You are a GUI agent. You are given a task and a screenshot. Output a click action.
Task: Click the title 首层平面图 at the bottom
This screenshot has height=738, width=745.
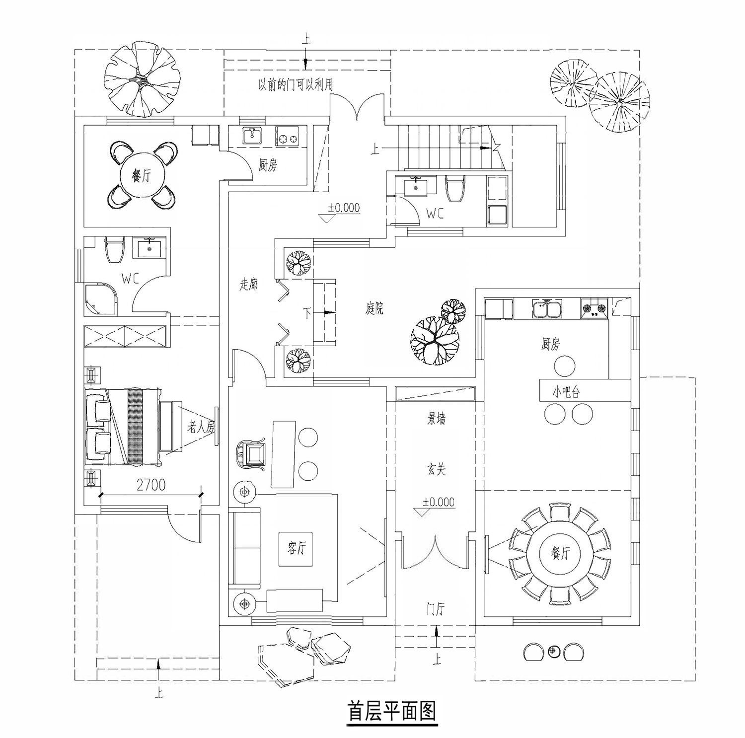(392, 711)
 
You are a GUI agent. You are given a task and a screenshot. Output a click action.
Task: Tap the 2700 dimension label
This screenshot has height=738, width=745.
(151, 485)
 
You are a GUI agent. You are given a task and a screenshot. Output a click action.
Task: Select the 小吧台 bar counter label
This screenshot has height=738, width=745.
(566, 392)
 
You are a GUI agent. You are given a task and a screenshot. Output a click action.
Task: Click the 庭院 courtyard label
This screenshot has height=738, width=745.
(374, 309)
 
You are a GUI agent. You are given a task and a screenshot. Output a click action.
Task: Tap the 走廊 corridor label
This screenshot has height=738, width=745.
(248, 285)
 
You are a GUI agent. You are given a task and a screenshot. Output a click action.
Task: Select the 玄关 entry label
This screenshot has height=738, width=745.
(436, 469)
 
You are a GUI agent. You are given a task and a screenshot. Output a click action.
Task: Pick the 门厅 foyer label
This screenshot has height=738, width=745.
(436, 609)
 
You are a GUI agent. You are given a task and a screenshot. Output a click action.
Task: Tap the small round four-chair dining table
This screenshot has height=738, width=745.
(142, 175)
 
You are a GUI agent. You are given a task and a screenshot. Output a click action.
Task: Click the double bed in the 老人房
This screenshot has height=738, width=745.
(123, 427)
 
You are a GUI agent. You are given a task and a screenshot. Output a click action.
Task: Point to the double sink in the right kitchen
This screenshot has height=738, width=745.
(547, 308)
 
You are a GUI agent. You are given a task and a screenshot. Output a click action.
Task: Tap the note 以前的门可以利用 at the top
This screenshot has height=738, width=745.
(296, 85)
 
